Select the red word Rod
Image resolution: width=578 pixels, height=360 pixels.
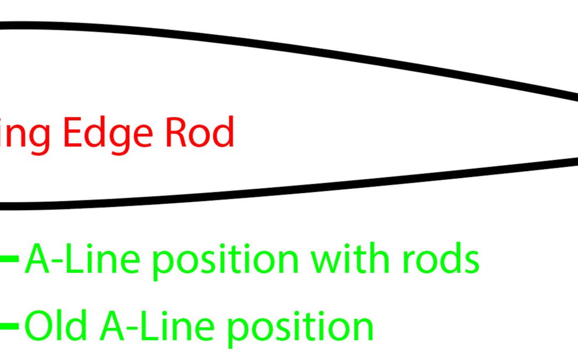click(199, 133)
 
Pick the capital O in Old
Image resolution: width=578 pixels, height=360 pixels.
click(36, 326)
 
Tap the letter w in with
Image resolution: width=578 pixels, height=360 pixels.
click(326, 261)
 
